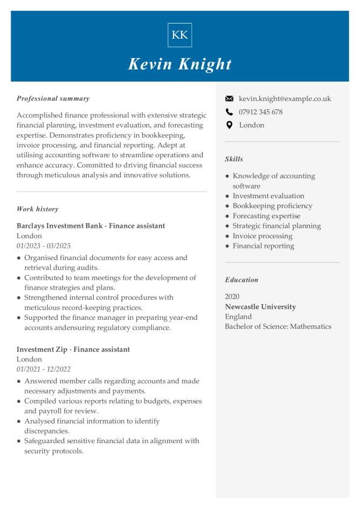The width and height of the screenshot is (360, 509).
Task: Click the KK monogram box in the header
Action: pos(180,34)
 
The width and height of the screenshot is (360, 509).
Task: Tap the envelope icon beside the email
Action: pos(229,99)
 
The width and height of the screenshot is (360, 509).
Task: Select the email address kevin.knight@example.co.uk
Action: pos(285,99)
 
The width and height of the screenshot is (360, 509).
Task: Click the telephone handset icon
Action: pos(229,112)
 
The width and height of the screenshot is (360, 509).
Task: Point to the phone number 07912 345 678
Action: pos(261,112)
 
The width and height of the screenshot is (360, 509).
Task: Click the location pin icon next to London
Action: pos(229,125)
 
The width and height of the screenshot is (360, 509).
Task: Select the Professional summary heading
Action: pos(53,98)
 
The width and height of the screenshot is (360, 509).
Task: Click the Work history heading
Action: pos(38,209)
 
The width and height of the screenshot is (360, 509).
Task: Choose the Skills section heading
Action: pos(234,159)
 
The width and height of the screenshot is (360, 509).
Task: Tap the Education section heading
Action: pos(241,280)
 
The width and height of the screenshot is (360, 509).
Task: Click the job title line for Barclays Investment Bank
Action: pos(91,225)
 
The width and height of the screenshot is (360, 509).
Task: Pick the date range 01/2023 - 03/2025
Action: pos(44,246)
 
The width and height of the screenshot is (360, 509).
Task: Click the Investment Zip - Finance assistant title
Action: pos(73,349)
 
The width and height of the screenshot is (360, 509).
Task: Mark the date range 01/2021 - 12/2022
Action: pos(44,369)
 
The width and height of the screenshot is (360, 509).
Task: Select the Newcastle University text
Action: pos(260,306)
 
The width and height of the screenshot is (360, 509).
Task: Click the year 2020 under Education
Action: pos(232,297)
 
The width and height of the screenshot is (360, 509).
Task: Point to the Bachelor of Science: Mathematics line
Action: pos(278,326)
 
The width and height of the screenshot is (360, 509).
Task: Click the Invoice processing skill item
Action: pos(262,236)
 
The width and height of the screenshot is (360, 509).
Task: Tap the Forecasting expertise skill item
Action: pos(266,216)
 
